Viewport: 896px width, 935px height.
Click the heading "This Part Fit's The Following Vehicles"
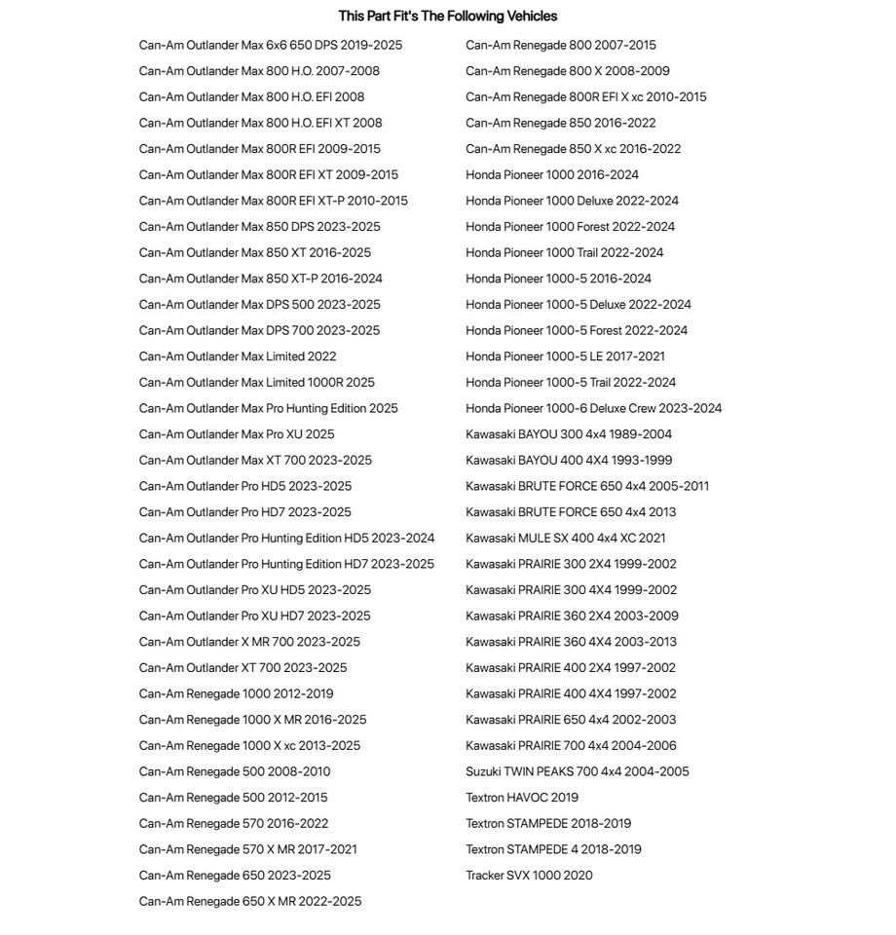(x=448, y=17)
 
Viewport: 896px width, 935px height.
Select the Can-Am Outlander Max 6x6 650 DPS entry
(x=270, y=45)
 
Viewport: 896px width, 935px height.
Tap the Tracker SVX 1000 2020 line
(x=529, y=876)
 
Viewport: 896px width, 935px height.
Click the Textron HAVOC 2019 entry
(x=522, y=798)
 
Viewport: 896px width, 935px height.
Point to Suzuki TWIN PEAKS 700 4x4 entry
(x=577, y=771)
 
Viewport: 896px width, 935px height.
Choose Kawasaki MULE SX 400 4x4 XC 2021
(x=566, y=538)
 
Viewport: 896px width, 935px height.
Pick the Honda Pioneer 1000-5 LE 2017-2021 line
(x=565, y=356)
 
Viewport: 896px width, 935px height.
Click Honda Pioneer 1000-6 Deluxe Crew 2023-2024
(x=593, y=408)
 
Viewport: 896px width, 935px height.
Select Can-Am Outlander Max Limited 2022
(x=238, y=356)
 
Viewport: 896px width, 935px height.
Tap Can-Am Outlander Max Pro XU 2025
(x=237, y=434)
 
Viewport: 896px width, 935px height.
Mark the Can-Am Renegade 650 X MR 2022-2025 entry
(x=250, y=902)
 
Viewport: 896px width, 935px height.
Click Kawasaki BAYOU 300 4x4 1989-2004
(x=569, y=434)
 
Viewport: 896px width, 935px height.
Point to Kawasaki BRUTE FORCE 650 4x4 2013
(x=571, y=512)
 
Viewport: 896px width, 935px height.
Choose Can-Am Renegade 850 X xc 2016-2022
(x=573, y=149)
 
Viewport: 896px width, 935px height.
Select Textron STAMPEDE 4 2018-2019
(x=553, y=849)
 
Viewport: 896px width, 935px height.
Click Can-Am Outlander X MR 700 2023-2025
(x=249, y=642)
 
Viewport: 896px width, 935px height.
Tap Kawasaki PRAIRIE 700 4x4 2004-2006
(x=571, y=746)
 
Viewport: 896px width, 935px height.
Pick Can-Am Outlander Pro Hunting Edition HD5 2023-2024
(x=286, y=538)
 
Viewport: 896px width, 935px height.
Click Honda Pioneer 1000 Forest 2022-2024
(x=570, y=227)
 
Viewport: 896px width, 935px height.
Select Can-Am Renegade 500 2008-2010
(x=235, y=771)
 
